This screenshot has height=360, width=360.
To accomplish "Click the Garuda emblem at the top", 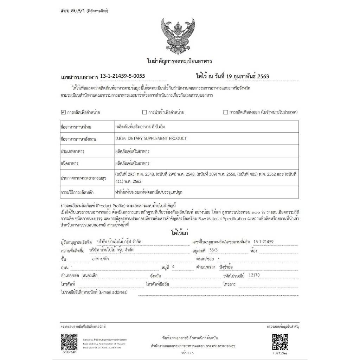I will point(179,35).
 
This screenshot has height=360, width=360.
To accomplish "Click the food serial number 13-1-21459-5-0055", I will point(122,76).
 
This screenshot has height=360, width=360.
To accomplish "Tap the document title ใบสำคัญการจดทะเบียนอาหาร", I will point(179,61).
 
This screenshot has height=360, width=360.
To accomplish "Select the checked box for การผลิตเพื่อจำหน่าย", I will point(63,112).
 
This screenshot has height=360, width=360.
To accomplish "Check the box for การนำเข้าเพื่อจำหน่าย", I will point(144,112).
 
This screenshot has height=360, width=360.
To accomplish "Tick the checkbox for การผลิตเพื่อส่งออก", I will point(226,112).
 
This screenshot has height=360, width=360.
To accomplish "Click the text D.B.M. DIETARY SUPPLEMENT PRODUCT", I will point(151,139).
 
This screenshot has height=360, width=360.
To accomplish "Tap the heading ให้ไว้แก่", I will point(179,233).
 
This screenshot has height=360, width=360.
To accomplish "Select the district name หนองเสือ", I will point(90,276).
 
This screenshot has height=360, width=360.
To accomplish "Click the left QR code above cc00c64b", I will point(69,341).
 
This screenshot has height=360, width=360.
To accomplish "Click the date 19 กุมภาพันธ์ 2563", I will point(243,76).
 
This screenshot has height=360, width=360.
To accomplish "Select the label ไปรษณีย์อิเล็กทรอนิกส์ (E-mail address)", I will point(94,292).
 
